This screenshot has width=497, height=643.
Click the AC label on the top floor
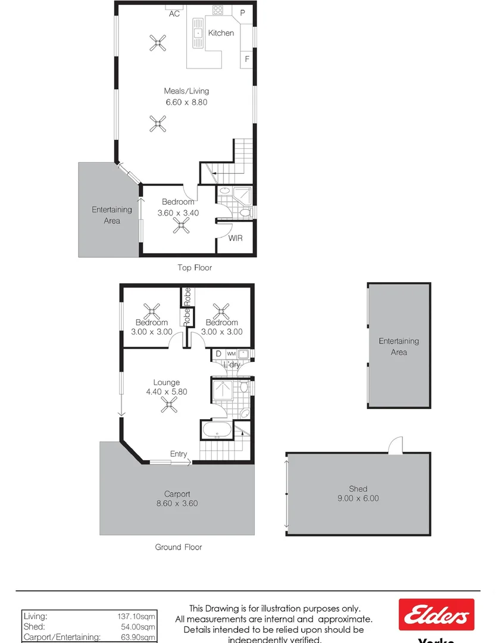point(174,14)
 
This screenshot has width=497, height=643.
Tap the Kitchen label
point(221,33)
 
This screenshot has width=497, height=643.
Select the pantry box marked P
point(243,13)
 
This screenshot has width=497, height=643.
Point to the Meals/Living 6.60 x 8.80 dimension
point(186,102)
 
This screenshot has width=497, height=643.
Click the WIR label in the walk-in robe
point(236,238)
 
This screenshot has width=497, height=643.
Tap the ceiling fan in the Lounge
point(169,405)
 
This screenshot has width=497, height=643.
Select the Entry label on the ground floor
point(179,454)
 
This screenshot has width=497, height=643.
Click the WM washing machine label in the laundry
point(231,354)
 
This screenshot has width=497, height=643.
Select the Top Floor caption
point(195,268)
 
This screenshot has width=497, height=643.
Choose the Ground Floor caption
point(179,547)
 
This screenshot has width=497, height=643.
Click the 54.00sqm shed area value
point(138,627)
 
